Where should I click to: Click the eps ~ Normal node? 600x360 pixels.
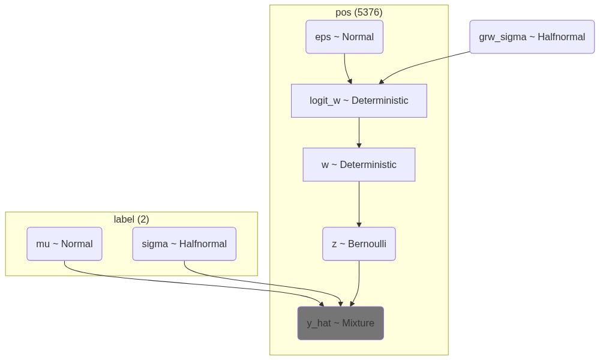tap(344, 37)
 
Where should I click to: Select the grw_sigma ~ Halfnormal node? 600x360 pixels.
tap(532, 37)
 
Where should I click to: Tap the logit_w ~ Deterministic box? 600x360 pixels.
tap(359, 101)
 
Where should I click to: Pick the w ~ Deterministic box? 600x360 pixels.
tap(359, 164)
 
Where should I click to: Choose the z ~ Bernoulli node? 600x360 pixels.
tap(359, 244)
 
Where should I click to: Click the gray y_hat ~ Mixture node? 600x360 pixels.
tap(341, 323)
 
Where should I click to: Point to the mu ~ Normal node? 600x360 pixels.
tap(64, 244)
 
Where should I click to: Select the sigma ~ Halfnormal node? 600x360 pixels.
tap(184, 244)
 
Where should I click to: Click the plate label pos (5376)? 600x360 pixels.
tap(359, 12)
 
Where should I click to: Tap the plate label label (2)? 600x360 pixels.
tap(131, 219)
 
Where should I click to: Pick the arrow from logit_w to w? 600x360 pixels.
tap(359, 133)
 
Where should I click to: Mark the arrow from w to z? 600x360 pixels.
tap(359, 204)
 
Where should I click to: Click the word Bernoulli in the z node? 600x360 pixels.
tap(367, 244)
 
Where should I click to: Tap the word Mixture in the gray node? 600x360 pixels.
tap(358, 323)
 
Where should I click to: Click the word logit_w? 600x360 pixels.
tap(325, 101)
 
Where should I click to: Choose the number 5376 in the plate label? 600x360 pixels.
tap(368, 12)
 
